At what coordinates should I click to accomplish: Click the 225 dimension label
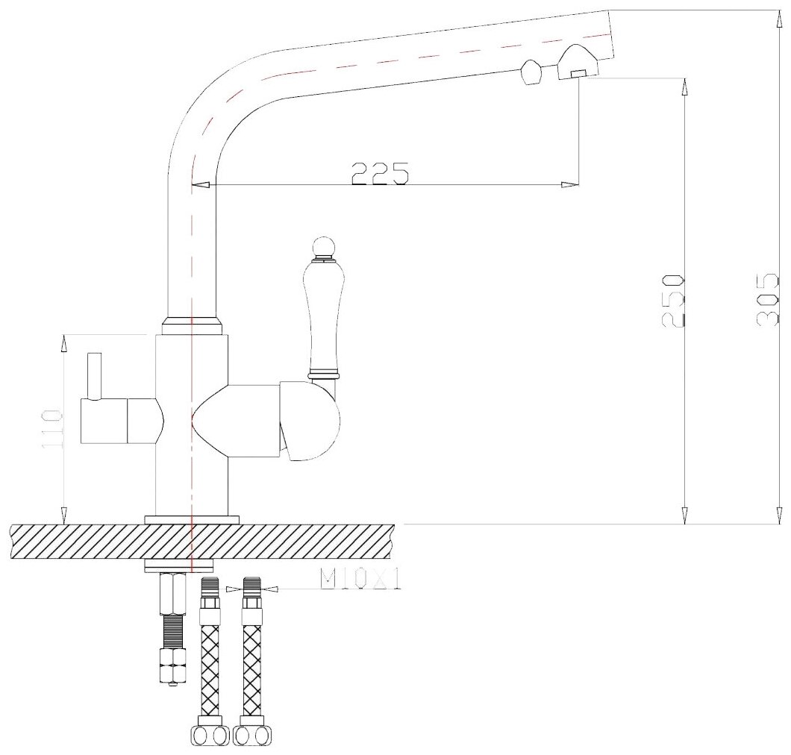pos(380,173)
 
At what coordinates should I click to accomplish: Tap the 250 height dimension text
pos(674,300)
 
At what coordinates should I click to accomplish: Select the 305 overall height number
pos(768,300)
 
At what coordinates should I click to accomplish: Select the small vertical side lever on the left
pos(94,376)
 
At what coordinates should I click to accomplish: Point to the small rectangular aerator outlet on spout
pos(578,73)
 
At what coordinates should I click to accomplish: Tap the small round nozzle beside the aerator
pos(531,72)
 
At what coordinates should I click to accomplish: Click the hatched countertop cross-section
pos(201,542)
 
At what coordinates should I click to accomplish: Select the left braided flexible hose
pos(210,657)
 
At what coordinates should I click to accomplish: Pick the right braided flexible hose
pos(251,657)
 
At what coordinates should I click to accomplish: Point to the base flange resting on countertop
pos(192,519)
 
